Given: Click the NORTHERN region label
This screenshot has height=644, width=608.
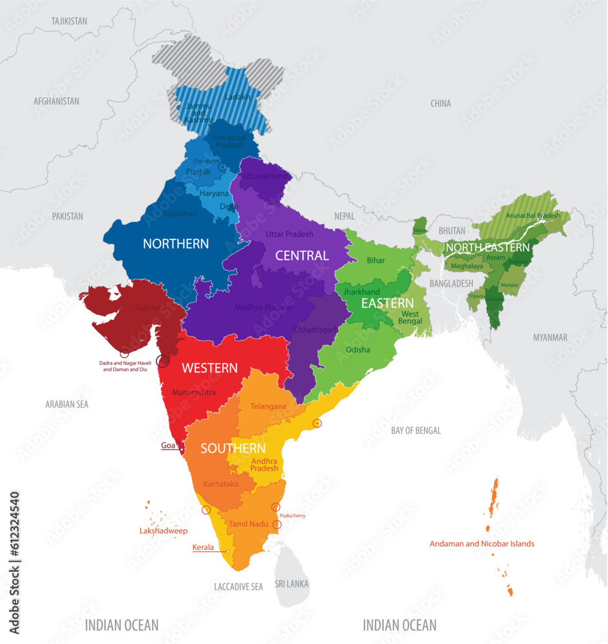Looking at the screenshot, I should pos(176,243).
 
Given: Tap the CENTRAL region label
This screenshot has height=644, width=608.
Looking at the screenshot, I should pos(302,256).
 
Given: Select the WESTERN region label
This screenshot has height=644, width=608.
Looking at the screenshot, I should pos(209,368).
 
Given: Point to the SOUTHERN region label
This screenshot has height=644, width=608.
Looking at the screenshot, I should pos(233,448).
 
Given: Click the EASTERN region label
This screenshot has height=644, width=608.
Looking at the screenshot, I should pos(387,303).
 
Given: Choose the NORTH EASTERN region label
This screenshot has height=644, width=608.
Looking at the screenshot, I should pos(488,247).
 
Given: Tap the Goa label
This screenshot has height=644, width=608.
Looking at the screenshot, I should pos(167,445).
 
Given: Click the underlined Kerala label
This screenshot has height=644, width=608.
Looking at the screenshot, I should pos(203,547).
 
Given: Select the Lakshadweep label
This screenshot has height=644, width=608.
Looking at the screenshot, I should pos(164,531).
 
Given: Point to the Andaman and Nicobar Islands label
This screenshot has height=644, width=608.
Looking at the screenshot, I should pos(482,544).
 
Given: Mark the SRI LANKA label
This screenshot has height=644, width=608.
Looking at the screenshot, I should pos(292,584).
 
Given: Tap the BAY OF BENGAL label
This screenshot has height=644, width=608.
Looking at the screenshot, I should pos(416,430).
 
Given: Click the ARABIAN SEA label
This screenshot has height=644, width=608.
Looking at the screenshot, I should pos(67,404).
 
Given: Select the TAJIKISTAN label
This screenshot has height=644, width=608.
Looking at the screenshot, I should pos(69,21).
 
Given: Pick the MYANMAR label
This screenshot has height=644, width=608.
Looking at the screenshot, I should pos(550,337).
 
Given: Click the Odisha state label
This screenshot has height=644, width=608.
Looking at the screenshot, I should pos(358,350).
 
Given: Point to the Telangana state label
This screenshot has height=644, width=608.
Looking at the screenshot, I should pos(269,406).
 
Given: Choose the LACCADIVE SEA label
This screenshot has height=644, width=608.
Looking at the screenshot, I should pos(238,587).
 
